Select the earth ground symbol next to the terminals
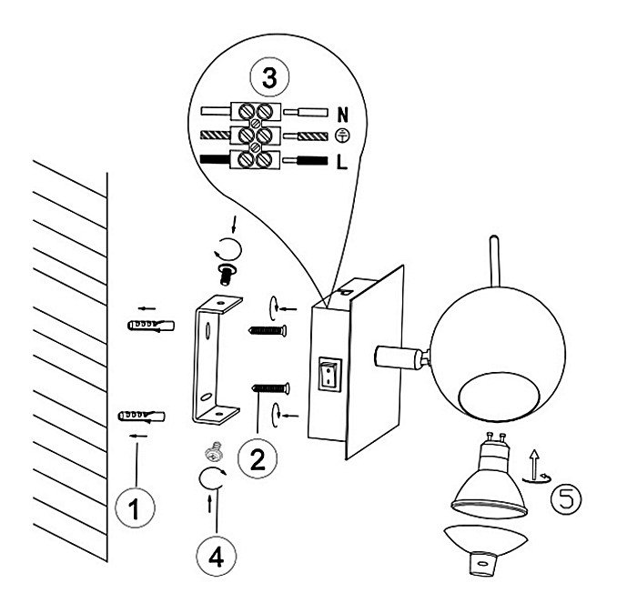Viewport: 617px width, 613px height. (342, 137)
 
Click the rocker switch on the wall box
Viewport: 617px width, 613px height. (328, 375)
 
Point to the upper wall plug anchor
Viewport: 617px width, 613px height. (143, 325)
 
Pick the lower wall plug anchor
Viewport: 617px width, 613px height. (142, 417)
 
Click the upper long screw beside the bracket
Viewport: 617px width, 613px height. (267, 330)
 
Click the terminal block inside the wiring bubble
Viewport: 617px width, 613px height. (254, 136)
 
